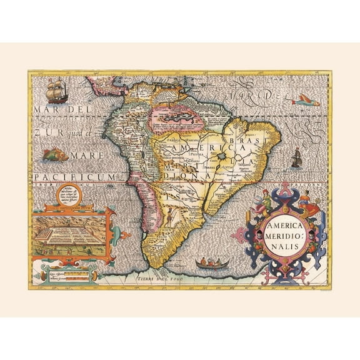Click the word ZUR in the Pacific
pos(45,132)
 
